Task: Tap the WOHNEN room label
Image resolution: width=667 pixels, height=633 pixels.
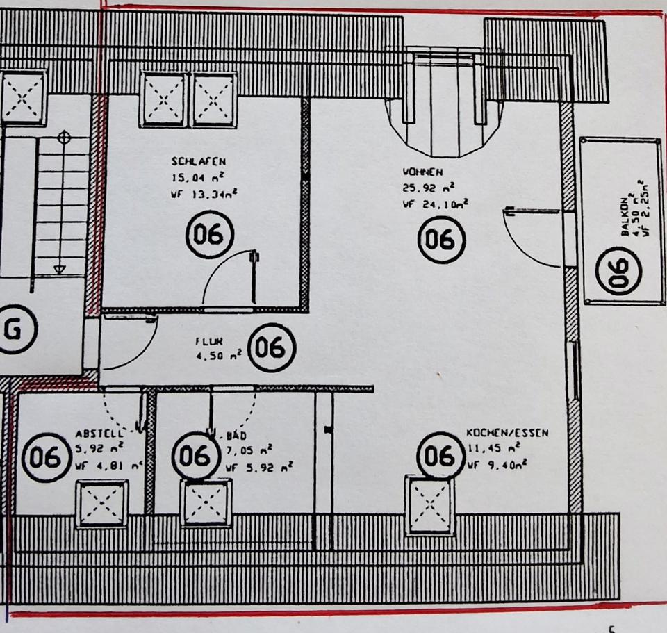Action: (422, 170)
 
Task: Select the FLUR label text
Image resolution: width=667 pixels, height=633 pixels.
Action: (208, 341)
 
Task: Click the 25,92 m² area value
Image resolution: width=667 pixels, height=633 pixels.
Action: (428, 187)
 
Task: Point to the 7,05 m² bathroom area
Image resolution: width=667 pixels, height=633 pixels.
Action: (249, 451)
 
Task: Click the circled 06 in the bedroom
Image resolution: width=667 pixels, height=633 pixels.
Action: (209, 234)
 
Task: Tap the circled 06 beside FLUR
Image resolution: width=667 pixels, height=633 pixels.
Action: (272, 346)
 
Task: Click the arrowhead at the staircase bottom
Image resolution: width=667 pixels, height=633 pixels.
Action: (60, 268)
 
